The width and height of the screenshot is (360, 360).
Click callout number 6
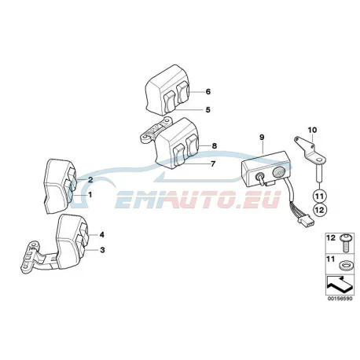(208, 92)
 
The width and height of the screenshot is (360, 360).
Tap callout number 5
(208, 109)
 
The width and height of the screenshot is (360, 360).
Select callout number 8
(215, 145)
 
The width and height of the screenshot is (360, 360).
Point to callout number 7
(213, 164)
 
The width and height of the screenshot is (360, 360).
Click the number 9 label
(262, 137)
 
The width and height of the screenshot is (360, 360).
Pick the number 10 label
(312, 130)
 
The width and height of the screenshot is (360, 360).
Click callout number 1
(90, 195)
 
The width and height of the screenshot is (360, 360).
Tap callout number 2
(90, 180)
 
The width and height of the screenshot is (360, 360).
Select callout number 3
(102, 250)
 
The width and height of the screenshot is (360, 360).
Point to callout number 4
(101, 235)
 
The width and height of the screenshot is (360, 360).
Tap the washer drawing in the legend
(343, 266)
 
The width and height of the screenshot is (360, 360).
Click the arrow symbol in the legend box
(338, 285)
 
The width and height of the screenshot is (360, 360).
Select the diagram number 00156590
(340, 299)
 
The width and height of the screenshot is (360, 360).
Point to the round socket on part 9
(277, 173)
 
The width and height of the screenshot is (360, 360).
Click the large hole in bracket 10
(319, 160)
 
